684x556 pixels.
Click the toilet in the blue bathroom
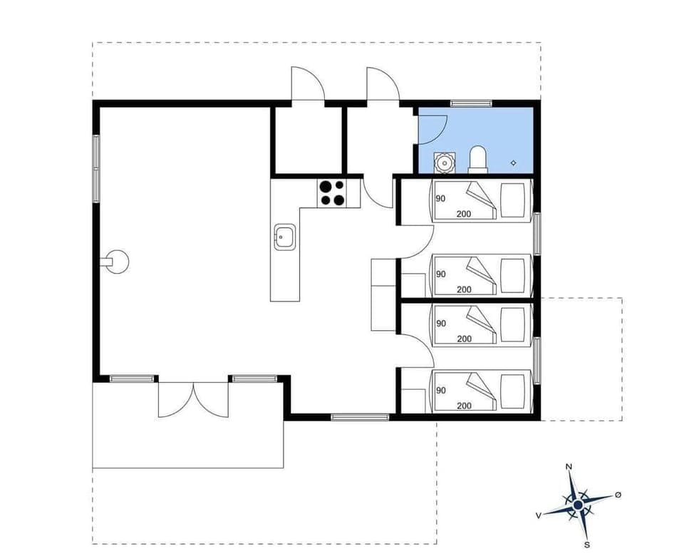477,160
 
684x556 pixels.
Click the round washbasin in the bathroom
445,163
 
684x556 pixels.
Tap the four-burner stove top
332,193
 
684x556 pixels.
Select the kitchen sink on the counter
286,236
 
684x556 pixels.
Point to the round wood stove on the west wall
118,262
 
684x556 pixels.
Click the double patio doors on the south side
193,400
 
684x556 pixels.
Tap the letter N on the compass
569,467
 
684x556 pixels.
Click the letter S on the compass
587,545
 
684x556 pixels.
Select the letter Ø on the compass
618,495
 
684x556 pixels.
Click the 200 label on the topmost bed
464,214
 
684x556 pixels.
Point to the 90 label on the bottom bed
441,390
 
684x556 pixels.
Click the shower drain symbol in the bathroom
514,163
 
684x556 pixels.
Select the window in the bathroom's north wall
471,104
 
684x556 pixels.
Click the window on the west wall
95,168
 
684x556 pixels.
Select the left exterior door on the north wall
307,86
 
